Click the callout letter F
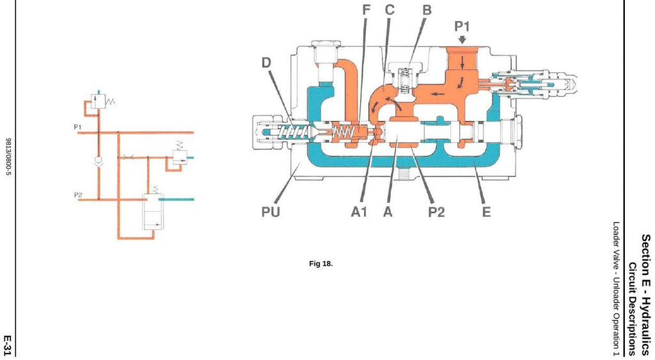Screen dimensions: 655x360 (367, 10)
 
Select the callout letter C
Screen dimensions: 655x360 (390, 10)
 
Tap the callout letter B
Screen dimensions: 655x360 (427, 10)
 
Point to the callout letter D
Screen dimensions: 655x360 (266, 63)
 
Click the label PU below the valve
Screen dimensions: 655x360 (271, 212)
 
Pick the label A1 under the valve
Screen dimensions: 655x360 (359, 212)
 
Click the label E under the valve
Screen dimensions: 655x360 (486, 212)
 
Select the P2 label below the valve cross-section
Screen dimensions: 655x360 (436, 212)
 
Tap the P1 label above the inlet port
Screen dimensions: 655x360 (462, 26)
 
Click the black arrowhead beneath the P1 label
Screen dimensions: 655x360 (462, 40)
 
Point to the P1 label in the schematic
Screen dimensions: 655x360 (77, 127)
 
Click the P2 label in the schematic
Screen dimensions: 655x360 (78, 194)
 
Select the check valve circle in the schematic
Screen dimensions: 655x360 (99, 159)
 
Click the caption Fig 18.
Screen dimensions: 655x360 (321, 263)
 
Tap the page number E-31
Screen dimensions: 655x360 (8, 345)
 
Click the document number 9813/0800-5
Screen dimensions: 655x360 (8, 157)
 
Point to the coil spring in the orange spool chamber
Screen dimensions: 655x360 (343, 133)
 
